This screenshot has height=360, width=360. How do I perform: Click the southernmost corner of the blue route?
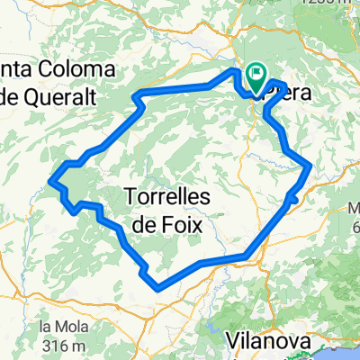pos(159,289)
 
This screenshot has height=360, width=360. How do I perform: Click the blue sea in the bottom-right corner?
pos(346,351)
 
